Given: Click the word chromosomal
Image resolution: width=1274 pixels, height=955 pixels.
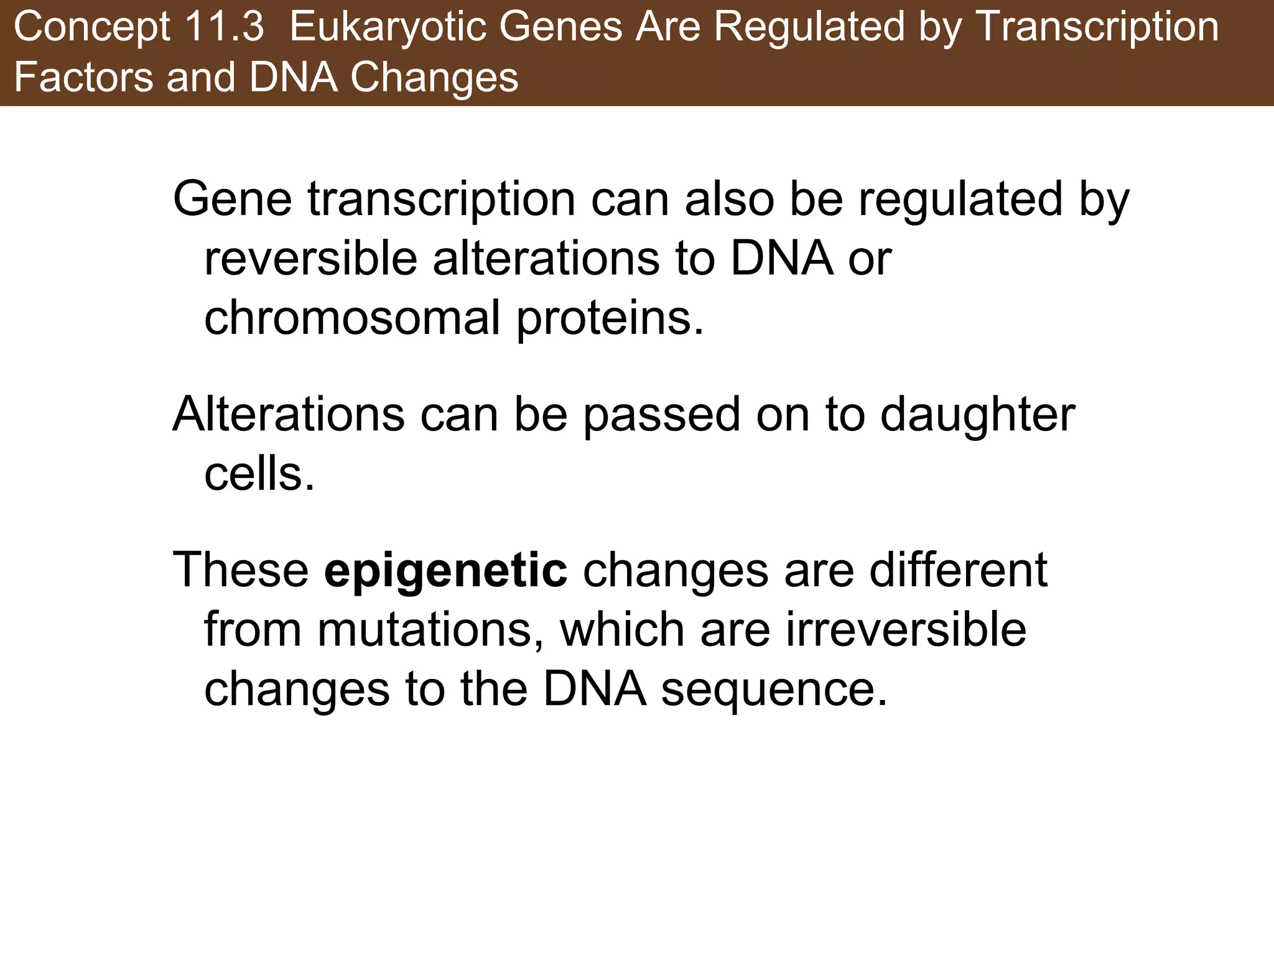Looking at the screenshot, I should click(x=352, y=318).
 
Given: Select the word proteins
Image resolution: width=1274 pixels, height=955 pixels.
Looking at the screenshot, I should click(x=610, y=318).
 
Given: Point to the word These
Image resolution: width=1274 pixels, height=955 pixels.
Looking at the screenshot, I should click(x=240, y=571).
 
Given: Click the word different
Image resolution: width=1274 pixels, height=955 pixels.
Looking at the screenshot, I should click(x=958, y=571).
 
